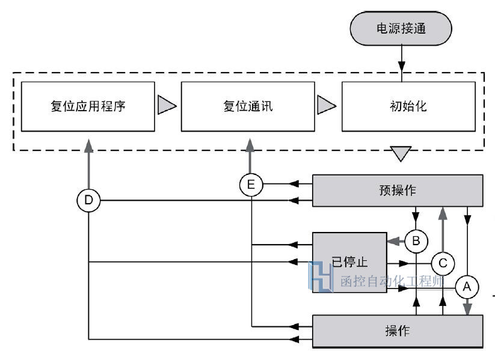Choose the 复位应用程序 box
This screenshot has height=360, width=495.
pyautogui.click(x=88, y=107)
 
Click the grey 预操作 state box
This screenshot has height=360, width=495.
pyautogui.click(x=398, y=191)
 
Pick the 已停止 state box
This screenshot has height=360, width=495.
pyautogui.click(x=349, y=262)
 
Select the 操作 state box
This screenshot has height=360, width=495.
pyautogui.click(x=398, y=331)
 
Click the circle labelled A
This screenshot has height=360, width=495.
pyautogui.click(x=467, y=287)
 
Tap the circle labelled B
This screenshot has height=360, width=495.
pyautogui.click(x=416, y=242)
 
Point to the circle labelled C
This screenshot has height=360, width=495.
pyautogui.click(x=443, y=263)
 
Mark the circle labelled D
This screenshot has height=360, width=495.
pyautogui.click(x=88, y=200)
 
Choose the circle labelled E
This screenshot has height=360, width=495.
pyautogui.click(x=251, y=185)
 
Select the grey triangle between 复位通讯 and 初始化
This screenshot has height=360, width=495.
pyautogui.click(x=327, y=106)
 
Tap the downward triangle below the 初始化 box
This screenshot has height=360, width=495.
pyautogui.click(x=400, y=154)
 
